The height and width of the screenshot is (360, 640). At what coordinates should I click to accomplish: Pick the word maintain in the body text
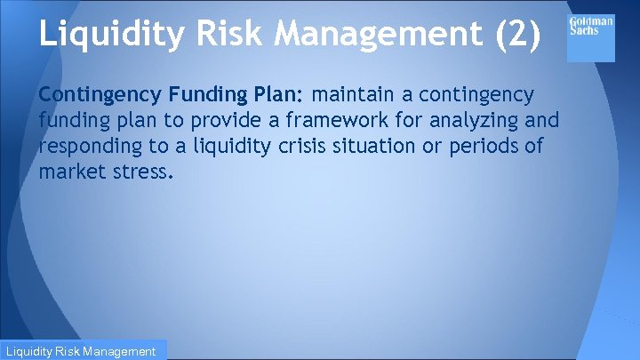pos(354,94)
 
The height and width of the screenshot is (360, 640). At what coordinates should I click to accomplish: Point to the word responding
pos(90,146)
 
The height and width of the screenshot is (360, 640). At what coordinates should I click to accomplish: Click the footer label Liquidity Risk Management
pos(83,351)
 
